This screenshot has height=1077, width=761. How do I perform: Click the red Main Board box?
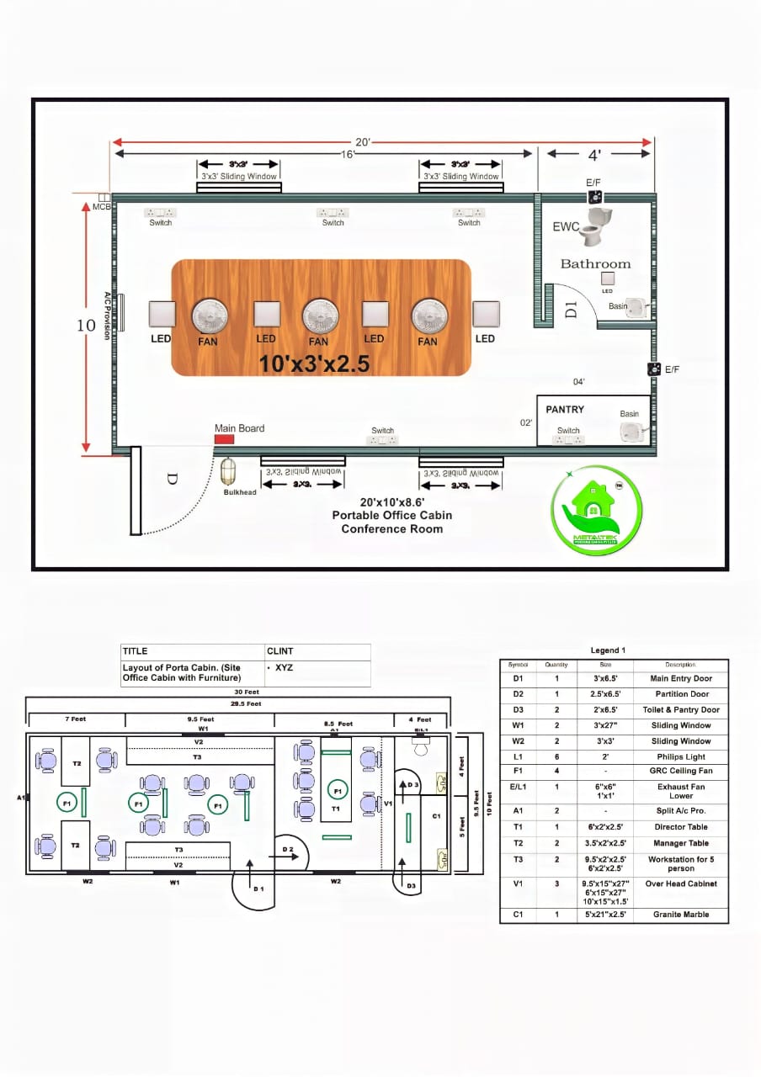pos(224,439)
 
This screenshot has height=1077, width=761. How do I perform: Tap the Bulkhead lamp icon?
pos(228,471)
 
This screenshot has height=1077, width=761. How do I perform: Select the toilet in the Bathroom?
pos(598,224)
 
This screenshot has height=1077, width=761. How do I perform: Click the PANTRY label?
pos(565,410)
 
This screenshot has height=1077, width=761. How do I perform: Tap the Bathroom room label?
pos(595,263)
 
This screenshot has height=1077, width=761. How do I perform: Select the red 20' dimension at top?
pos(362,142)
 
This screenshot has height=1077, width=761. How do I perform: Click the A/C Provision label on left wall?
pos(108,316)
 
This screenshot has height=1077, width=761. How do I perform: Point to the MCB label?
pos(102,207)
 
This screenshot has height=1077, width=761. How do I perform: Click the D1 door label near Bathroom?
pos(571,309)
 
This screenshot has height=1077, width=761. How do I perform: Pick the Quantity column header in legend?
pos(556,665)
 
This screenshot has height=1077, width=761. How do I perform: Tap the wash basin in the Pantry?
pos(631,432)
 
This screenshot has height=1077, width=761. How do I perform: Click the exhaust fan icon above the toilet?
pos(596,197)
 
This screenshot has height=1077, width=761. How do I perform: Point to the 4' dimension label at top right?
pos(594,155)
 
